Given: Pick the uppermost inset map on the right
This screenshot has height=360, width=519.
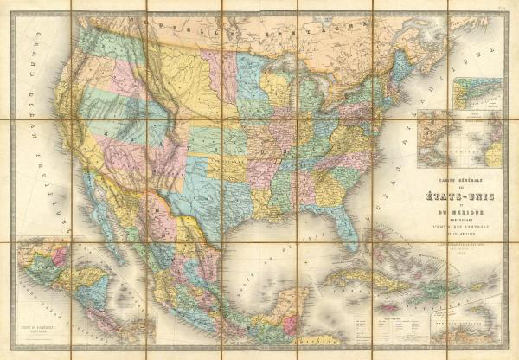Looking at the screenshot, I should pyautogui.click(x=478, y=94).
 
